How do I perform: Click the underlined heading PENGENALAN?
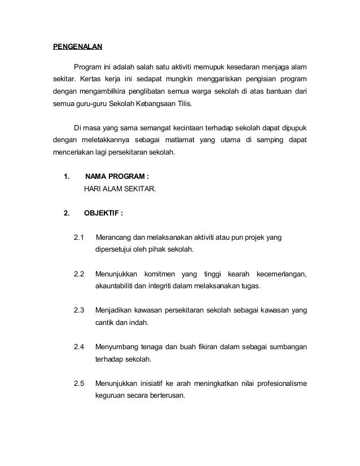(x=77, y=46)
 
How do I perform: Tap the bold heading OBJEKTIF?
(x=103, y=213)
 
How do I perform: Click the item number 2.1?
(x=79, y=237)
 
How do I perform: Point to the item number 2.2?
(x=79, y=274)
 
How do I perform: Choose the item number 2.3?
(x=79, y=310)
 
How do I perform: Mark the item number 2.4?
(x=79, y=347)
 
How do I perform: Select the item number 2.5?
(x=79, y=384)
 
